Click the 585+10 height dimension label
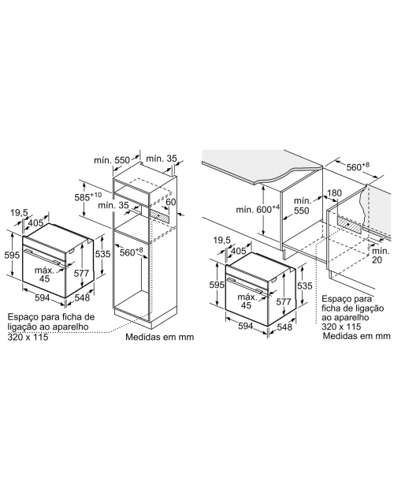point(87,197)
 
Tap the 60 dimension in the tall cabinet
point(171,202)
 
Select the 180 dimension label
point(335,193)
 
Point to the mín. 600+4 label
point(258,209)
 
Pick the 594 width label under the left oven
point(42,298)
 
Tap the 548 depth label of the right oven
point(284,327)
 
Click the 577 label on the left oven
point(81,273)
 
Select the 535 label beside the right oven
point(304,286)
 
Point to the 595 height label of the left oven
point(12,255)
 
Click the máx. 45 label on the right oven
point(247,301)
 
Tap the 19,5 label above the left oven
point(20,213)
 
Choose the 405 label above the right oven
point(239,251)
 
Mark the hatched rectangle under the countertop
point(351,225)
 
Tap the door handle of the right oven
point(248,286)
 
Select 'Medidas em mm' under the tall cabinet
point(159,337)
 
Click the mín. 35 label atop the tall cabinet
point(161,159)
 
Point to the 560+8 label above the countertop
point(358,167)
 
